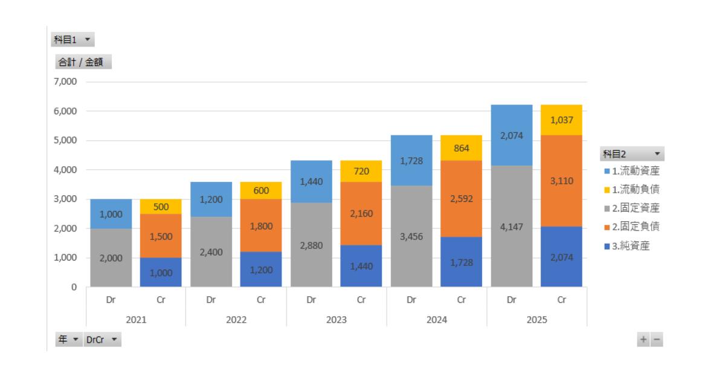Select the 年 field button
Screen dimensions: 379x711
click(x=68, y=340)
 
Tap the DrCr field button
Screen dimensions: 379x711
click(x=102, y=340)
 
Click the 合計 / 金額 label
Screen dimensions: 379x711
click(x=83, y=62)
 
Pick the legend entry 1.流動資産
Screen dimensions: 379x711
click(x=635, y=171)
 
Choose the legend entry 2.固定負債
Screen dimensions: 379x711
click(x=635, y=227)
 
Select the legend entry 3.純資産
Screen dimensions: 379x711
click(x=631, y=245)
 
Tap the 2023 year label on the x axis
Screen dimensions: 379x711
click(x=336, y=319)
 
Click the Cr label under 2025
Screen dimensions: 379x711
click(x=562, y=299)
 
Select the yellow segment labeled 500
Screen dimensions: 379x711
click(x=160, y=206)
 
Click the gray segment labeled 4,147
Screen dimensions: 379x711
click(x=512, y=227)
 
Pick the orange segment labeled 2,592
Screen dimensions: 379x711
click(x=461, y=198)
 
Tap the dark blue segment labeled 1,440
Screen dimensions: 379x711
click(x=361, y=265)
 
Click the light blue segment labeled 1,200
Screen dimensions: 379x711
click(x=211, y=199)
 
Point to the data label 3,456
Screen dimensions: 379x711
click(x=411, y=236)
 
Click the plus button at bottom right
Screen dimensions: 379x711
click(x=643, y=340)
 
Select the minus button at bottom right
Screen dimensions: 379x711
click(x=657, y=340)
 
